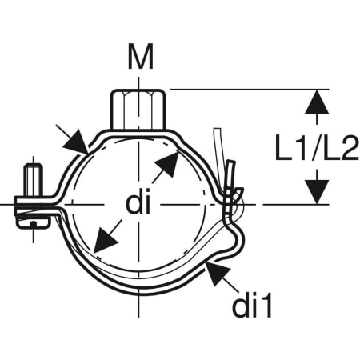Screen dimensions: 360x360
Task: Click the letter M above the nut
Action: (141, 56)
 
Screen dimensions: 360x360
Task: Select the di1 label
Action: (252, 304)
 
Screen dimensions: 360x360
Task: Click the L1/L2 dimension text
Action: (317, 147)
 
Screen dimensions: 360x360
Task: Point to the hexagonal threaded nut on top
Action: (138, 110)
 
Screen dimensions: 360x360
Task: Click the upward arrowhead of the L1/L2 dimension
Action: (317, 102)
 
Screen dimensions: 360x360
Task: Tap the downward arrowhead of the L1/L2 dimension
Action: (317, 192)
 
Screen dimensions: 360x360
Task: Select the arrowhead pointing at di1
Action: (218, 274)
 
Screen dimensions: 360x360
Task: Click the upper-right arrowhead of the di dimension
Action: (167, 163)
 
